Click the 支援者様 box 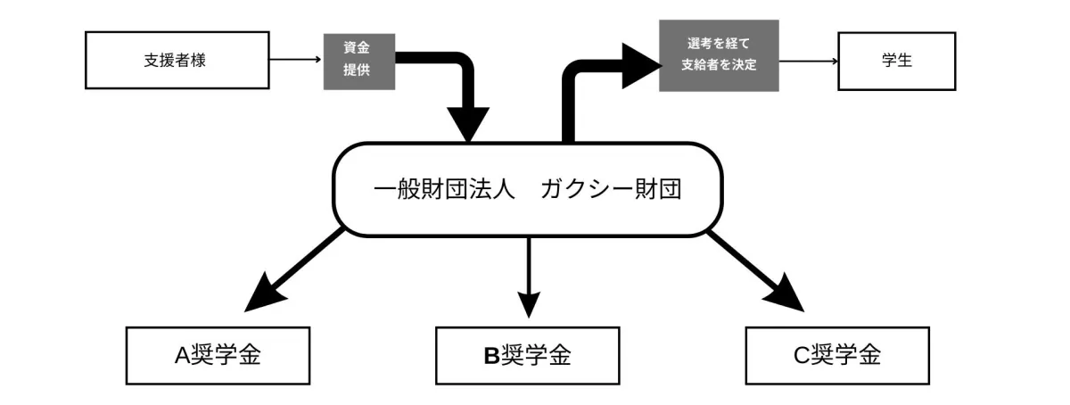tap(177, 61)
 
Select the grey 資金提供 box tap(358, 61)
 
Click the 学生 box tap(896, 61)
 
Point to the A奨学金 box tap(218, 355)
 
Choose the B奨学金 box tap(527, 355)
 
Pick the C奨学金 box tap(835, 355)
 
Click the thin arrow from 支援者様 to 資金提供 tap(295, 61)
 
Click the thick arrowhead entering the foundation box tap(466, 123)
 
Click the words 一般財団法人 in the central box tap(444, 190)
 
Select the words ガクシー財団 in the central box tap(611, 190)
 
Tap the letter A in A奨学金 tap(182, 355)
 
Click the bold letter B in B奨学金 tap(491, 355)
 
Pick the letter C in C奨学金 tap(800, 355)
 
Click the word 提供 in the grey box tap(358, 72)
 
